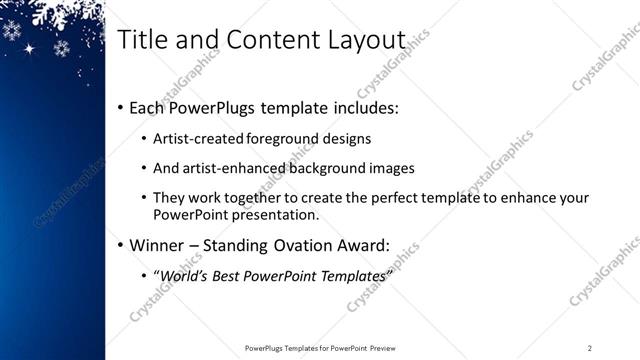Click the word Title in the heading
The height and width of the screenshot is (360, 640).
click(x=142, y=40)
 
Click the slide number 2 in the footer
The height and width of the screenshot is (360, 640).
click(x=589, y=347)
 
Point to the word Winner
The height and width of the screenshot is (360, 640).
click(x=160, y=244)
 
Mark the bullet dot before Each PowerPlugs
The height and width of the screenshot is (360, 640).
click(x=121, y=106)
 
